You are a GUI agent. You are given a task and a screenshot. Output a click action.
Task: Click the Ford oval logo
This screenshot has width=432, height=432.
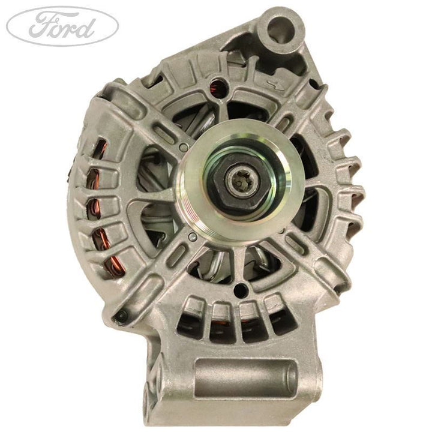[x=62, y=26]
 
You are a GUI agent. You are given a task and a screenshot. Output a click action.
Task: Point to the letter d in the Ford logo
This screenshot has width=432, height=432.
[x=88, y=26]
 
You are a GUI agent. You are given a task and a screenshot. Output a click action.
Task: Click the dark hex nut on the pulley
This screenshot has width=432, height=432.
[x=236, y=179]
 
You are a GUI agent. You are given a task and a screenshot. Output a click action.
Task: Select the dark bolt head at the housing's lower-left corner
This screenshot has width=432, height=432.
[x=122, y=316]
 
